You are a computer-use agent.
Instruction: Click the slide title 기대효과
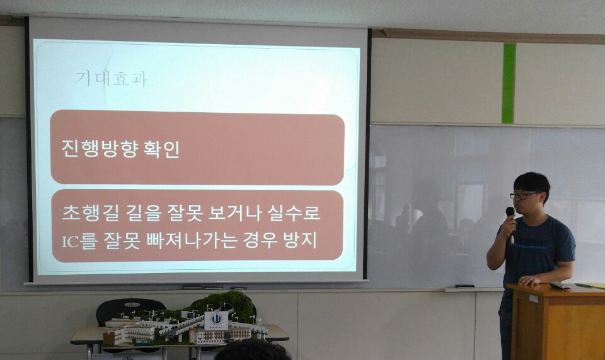112,79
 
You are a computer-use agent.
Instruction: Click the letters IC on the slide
70,241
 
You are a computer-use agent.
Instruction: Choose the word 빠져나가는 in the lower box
192,240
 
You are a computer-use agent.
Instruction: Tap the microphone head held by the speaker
510,211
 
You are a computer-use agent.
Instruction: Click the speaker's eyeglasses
522,195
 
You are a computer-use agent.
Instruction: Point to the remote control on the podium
560,286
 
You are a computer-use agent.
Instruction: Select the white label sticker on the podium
533,298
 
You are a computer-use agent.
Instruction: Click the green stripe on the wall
509,83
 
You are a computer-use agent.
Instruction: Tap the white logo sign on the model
216,320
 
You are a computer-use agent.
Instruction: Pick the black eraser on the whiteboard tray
464,286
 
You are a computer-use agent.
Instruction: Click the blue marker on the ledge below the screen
238,288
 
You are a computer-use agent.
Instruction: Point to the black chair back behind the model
130,310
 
